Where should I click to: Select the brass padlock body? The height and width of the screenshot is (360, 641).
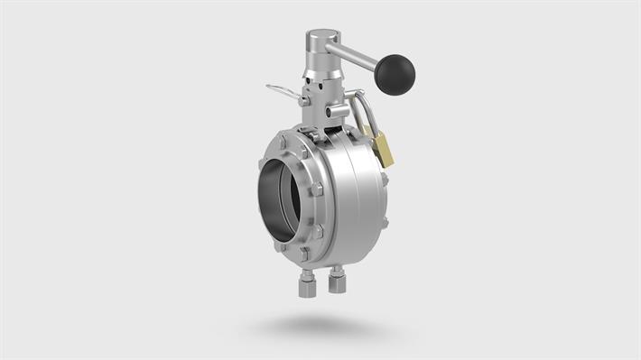point(383,148)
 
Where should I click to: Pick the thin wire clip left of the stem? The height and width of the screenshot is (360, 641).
point(282,92)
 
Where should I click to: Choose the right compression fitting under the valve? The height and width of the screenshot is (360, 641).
point(338,282)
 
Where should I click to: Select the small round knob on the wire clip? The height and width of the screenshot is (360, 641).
point(303,101)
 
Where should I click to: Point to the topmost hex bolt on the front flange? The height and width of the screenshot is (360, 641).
point(284,142)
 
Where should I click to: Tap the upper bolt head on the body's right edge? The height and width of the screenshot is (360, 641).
point(385,179)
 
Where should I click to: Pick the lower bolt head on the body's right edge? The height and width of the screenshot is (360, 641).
point(386,221)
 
